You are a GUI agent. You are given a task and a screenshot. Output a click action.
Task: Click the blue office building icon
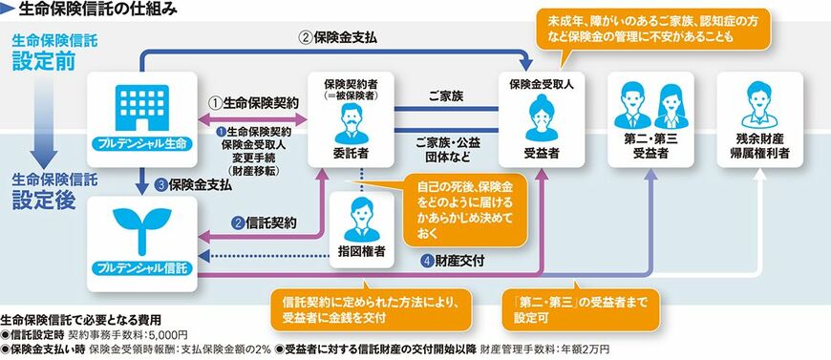tap(141, 108)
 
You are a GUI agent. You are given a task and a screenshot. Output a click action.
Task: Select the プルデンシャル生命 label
tap(141, 143)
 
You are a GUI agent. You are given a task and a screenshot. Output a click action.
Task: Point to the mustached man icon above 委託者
tap(351, 123)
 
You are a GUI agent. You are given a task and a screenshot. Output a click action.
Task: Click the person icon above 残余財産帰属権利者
tap(759, 105)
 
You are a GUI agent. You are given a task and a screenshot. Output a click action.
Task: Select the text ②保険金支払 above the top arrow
tap(340, 38)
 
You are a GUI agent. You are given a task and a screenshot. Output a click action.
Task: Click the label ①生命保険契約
tap(252, 102)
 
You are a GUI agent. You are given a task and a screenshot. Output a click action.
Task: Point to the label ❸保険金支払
tap(193, 185)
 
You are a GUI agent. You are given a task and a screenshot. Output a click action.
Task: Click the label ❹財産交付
tap(453, 261)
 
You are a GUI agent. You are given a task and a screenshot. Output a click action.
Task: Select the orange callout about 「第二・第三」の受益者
tap(581, 310)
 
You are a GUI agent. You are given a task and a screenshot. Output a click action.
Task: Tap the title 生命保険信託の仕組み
tap(90, 9)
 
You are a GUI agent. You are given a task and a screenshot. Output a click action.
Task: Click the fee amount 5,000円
tap(169, 335)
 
